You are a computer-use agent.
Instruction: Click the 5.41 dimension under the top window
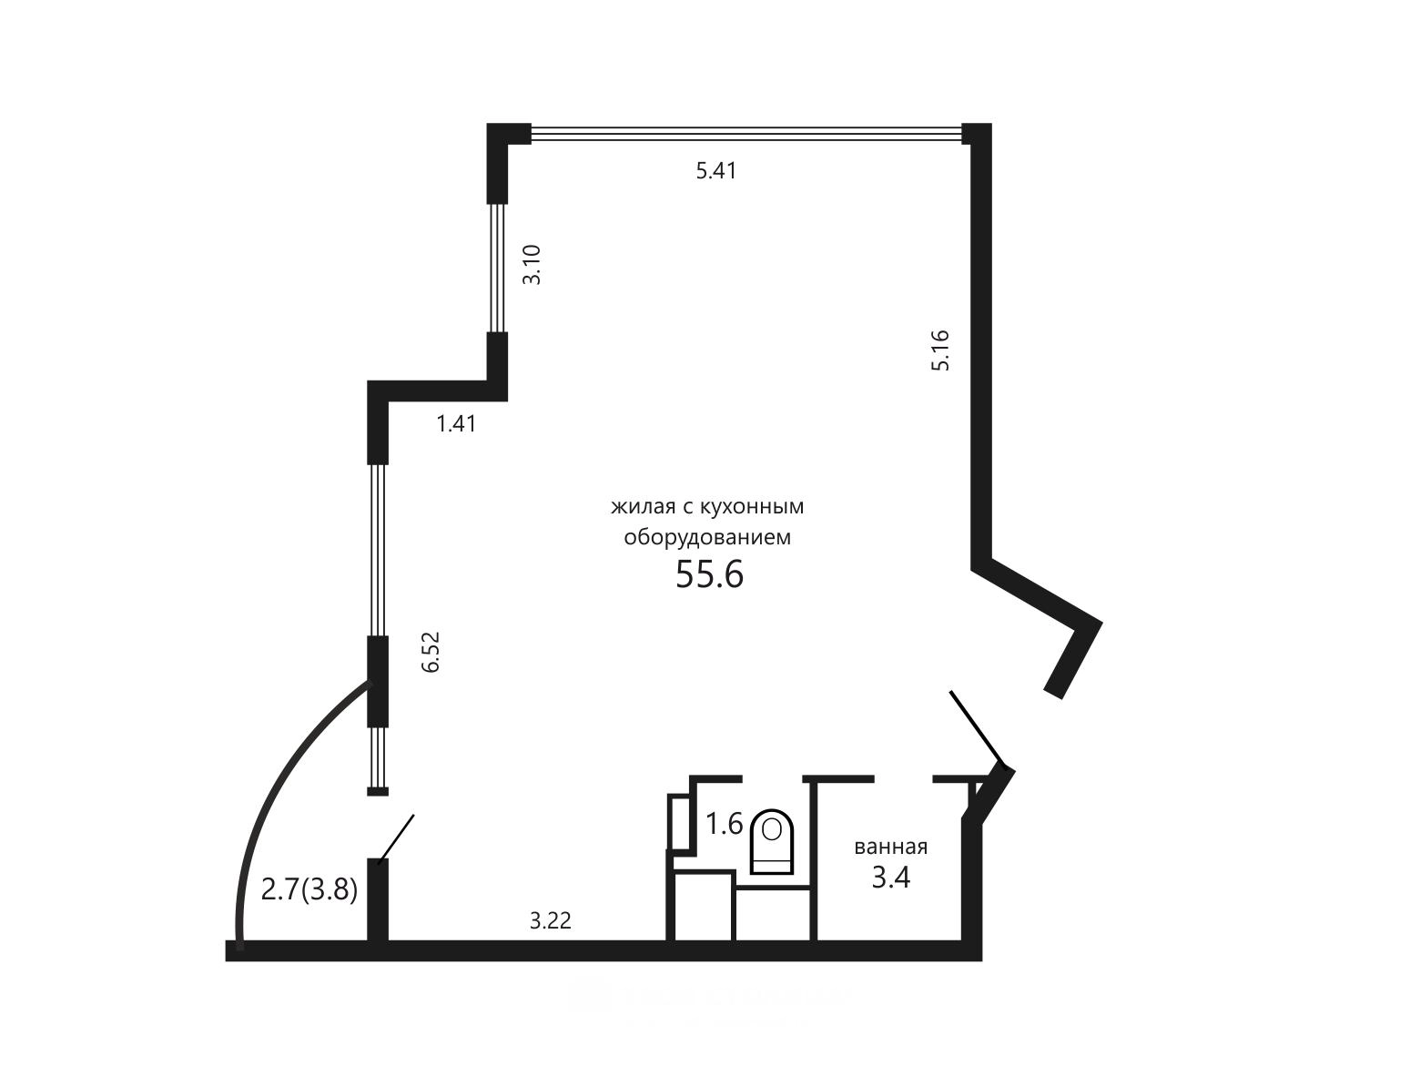click(716, 171)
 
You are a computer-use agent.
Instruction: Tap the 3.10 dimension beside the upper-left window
click(532, 265)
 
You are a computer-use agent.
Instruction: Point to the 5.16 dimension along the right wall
click(940, 350)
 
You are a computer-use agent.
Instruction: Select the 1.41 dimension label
click(456, 423)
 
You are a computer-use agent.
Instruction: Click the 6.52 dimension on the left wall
click(431, 652)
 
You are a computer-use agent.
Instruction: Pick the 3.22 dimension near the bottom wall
click(551, 920)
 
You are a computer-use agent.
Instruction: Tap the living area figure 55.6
click(710, 574)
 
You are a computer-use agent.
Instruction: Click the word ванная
click(891, 847)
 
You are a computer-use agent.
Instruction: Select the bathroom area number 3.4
click(891, 878)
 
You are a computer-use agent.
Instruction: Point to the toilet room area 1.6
click(724, 824)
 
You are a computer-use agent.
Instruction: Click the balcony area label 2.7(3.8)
click(309, 890)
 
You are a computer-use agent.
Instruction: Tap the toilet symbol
click(773, 841)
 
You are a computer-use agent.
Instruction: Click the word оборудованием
click(707, 537)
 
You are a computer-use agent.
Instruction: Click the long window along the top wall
click(746, 133)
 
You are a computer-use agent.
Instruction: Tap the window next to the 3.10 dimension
click(498, 269)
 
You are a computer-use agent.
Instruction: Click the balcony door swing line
click(396, 838)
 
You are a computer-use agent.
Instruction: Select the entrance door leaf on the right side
click(978, 731)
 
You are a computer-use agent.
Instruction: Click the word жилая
click(644, 507)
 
